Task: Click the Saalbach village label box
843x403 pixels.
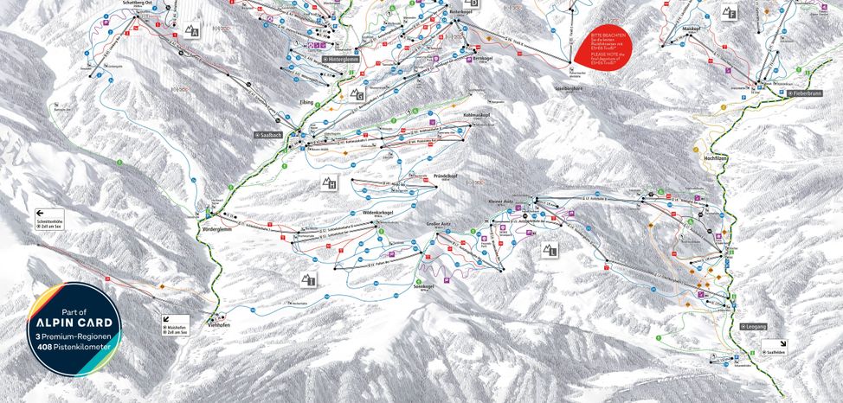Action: click(268, 135)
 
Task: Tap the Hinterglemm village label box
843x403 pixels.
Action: click(340, 59)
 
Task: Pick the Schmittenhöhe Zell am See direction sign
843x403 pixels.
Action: click(50, 217)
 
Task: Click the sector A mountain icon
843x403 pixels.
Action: click(192, 33)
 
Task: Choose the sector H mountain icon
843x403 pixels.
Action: click(329, 182)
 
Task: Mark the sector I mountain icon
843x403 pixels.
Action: click(309, 278)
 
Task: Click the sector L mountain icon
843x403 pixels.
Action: click(550, 251)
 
